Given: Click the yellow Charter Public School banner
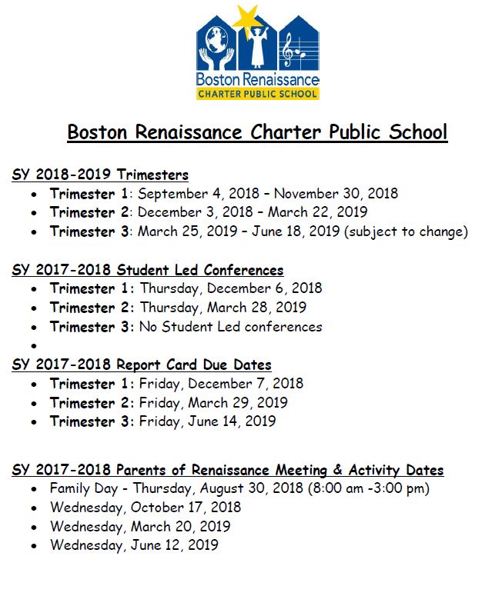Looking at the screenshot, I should click(256, 93).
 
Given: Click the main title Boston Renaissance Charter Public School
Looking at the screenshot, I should click(256, 132).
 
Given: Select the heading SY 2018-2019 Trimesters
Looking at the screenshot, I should click(100, 175).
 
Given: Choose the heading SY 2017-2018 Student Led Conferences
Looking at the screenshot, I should click(148, 270).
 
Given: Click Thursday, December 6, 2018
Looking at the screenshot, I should click(230, 288).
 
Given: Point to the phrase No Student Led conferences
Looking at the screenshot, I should click(230, 327).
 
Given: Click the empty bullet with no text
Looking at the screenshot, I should click(33, 347).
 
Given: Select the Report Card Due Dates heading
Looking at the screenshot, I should click(142, 365).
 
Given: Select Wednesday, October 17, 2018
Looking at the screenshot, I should click(146, 508).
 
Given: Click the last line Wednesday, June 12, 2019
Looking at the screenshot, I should click(134, 545).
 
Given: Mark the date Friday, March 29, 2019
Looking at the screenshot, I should click(213, 403).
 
